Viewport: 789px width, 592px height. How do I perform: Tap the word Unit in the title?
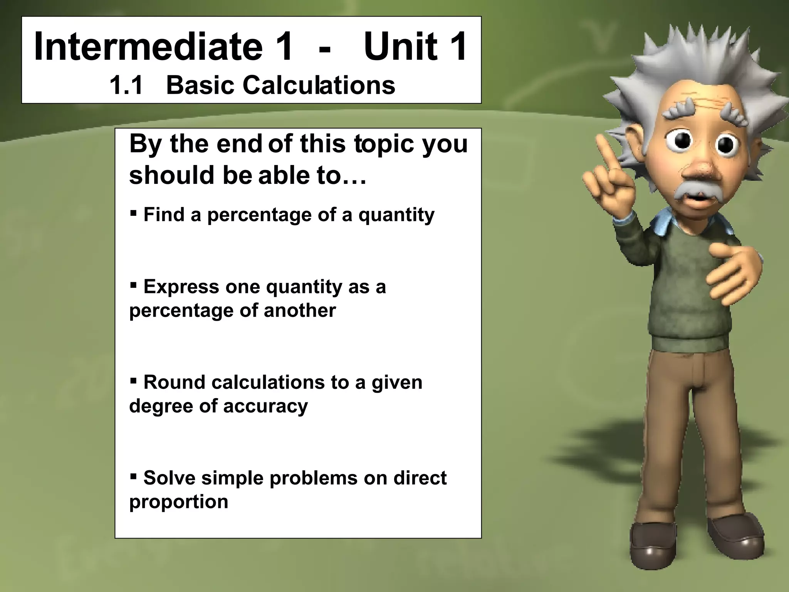(401, 47)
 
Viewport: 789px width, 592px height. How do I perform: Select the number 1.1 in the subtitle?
(126, 85)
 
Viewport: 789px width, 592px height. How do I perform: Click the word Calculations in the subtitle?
(318, 85)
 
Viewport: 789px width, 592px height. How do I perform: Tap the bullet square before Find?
(133, 212)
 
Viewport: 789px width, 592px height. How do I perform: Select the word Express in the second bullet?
(181, 287)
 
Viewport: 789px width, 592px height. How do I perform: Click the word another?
(300, 310)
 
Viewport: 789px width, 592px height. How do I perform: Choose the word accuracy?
(265, 406)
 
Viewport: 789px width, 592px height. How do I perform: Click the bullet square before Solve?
(133, 477)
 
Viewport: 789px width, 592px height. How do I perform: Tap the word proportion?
(179, 502)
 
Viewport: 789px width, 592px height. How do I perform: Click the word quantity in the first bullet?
(396, 215)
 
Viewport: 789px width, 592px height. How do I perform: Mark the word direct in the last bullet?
(420, 478)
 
